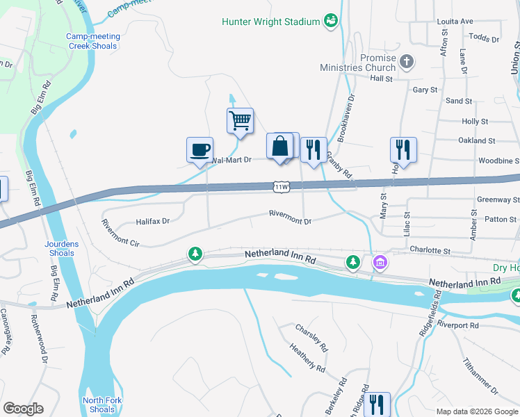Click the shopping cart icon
pos(240,120)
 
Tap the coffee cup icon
pos(200,149)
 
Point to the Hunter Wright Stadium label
pos(270,22)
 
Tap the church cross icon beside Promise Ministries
pos(407,63)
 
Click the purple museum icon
pos(380,263)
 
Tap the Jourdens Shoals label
pos(61,248)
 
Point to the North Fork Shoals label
pos(99,404)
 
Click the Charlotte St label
pos(430,250)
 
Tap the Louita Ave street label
pos(455,22)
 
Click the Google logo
pos(23,409)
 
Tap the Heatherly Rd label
pos(307,358)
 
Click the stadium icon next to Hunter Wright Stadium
pos(331,21)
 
